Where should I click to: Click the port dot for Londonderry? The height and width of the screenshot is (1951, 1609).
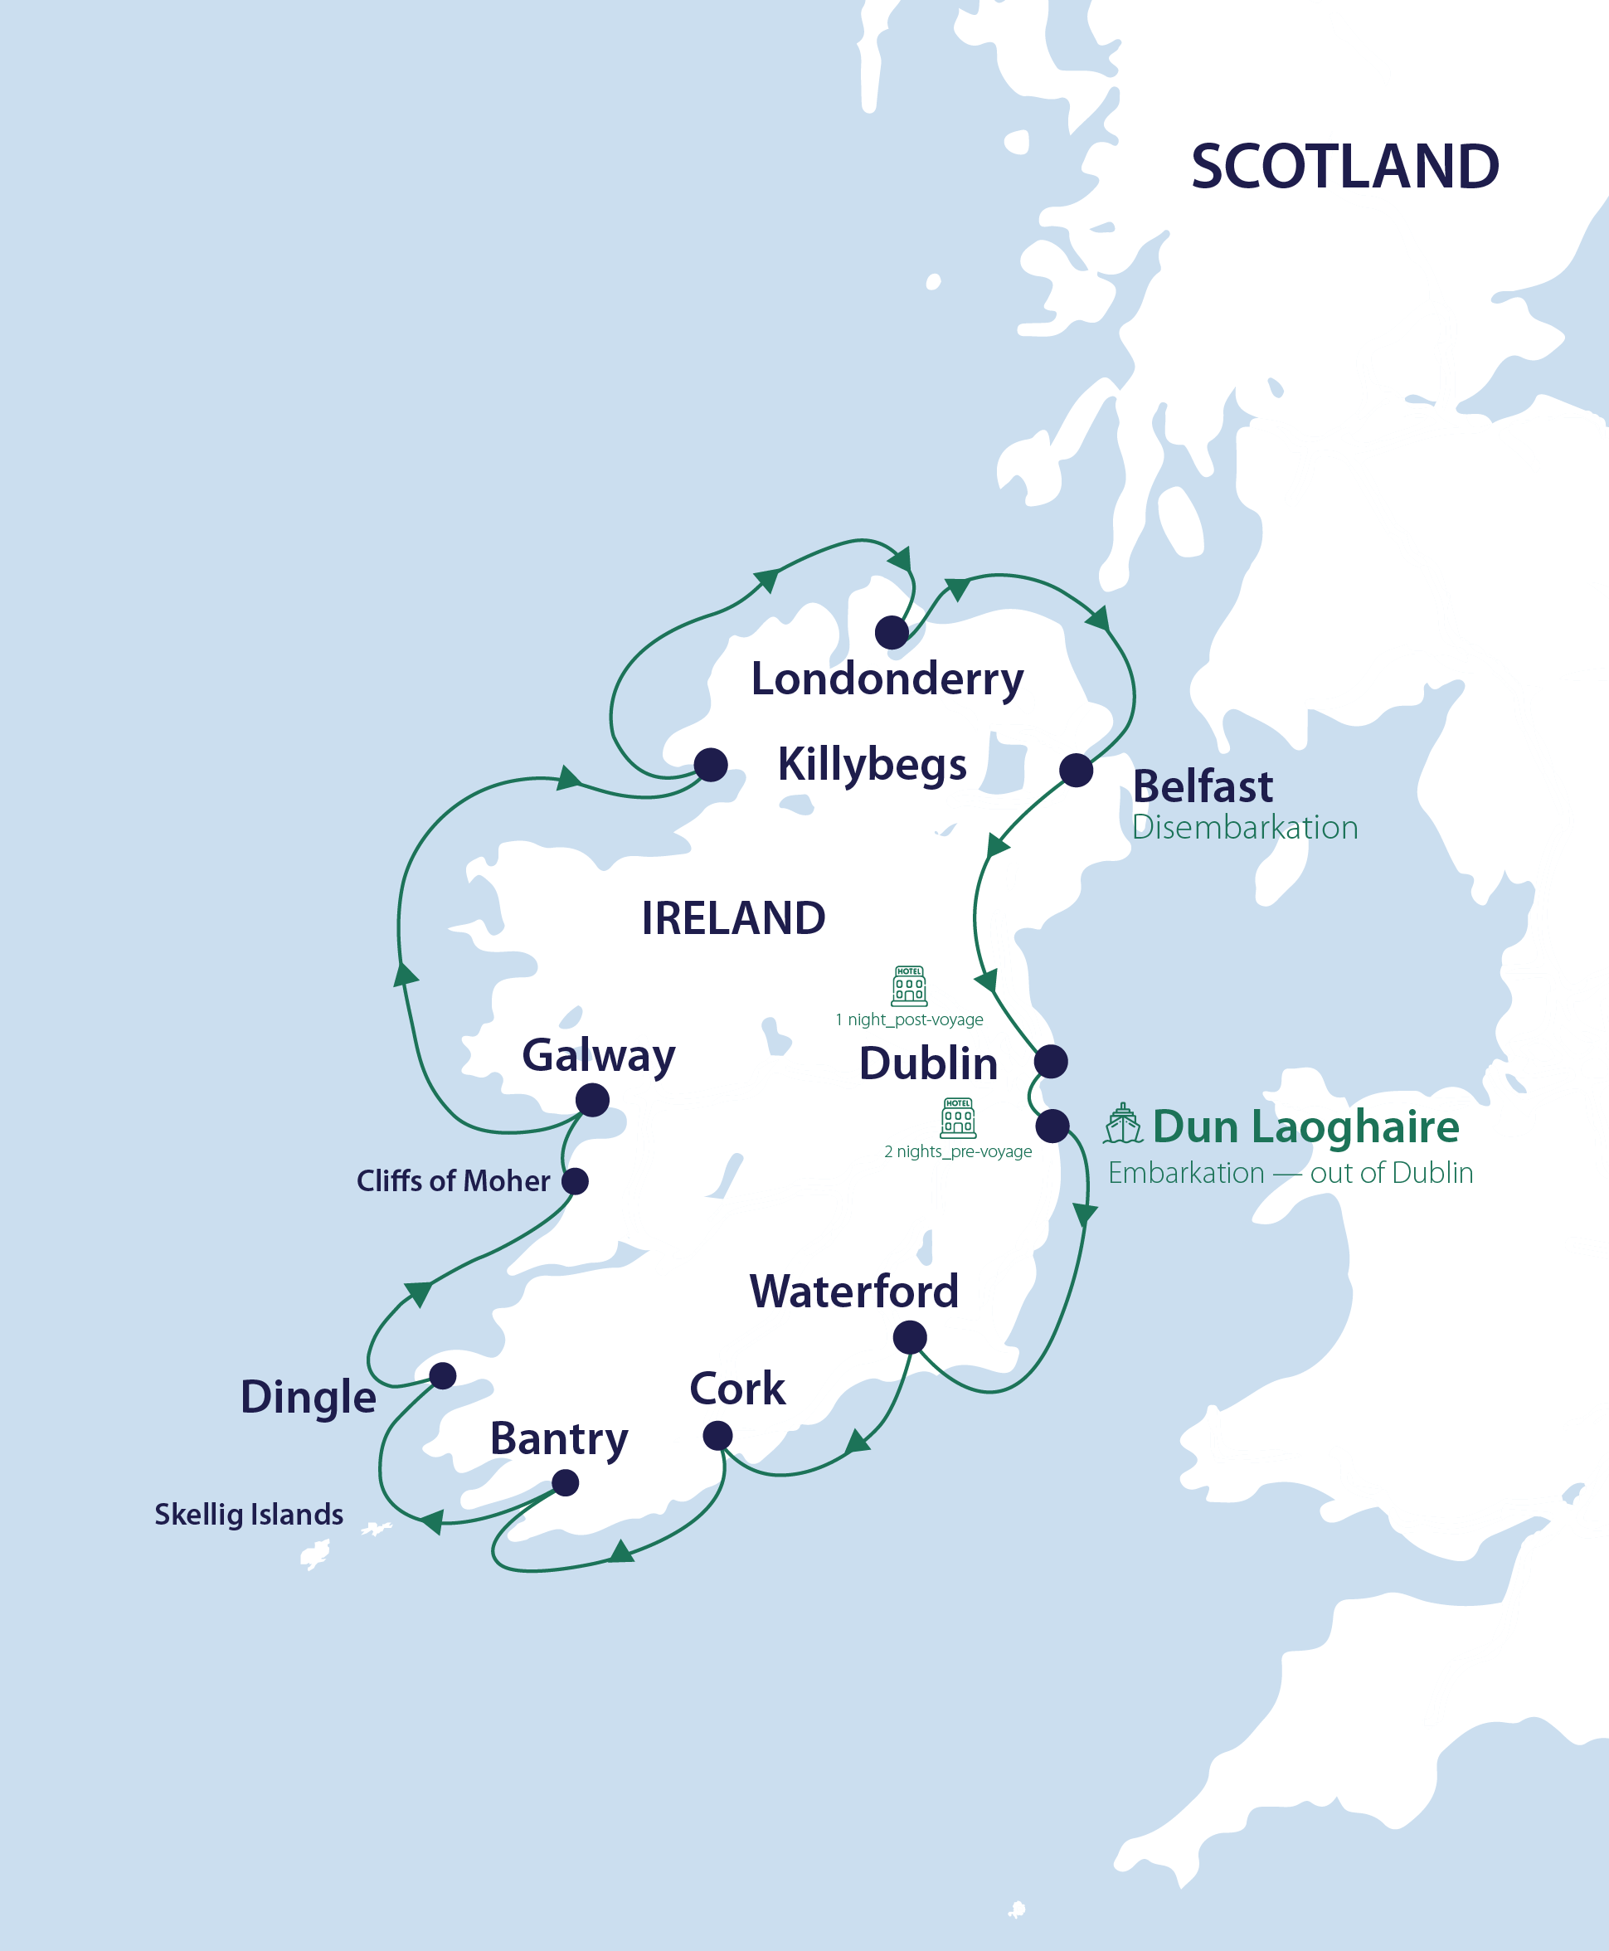pyautogui.click(x=892, y=632)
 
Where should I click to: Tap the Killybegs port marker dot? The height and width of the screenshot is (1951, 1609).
pyautogui.click(x=711, y=765)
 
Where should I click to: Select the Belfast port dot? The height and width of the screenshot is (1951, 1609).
pyautogui.click(x=1076, y=769)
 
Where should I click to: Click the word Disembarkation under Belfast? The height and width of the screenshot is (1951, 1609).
pyautogui.click(x=1245, y=828)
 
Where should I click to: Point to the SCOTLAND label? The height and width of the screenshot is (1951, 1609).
pyautogui.click(x=1345, y=167)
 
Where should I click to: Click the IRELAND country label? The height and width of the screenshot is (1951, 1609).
pyautogui.click(x=733, y=918)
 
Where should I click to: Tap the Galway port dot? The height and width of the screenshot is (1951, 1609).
pyautogui.click(x=592, y=1100)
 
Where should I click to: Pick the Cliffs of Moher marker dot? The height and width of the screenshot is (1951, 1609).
pyautogui.click(x=576, y=1180)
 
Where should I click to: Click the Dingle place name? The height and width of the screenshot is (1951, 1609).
pyautogui.click(x=308, y=1397)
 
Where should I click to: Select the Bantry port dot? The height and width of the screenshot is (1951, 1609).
pyautogui.click(x=566, y=1483)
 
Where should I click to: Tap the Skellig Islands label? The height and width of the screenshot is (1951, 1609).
pyautogui.click(x=248, y=1515)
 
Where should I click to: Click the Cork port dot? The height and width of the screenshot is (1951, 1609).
pyautogui.click(x=717, y=1436)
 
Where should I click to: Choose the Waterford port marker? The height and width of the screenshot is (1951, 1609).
pyautogui.click(x=910, y=1336)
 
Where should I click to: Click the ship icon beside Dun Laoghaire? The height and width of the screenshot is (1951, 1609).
pyautogui.click(x=1122, y=1124)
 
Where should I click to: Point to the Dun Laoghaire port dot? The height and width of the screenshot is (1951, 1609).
pyautogui.click(x=1052, y=1126)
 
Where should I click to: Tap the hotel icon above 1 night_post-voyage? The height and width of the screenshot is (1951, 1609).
pyautogui.click(x=909, y=986)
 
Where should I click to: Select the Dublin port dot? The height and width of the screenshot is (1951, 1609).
pyautogui.click(x=1051, y=1061)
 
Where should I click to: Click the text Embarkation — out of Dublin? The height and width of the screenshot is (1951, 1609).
pyautogui.click(x=1291, y=1174)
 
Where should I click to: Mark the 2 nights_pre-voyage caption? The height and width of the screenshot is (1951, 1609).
pyautogui.click(x=957, y=1152)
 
